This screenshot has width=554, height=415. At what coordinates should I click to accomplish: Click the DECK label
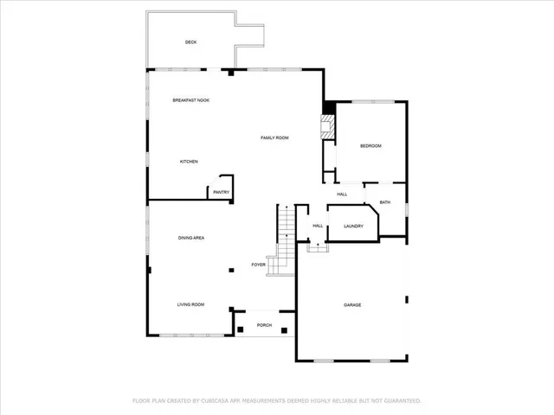tap(190, 42)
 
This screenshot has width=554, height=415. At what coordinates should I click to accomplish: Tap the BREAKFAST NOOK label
tap(190, 100)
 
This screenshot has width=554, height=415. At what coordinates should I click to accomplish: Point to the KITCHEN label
tap(189, 162)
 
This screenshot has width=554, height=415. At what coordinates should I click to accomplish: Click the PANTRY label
tap(221, 192)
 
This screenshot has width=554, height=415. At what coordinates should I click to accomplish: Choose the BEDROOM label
tap(370, 146)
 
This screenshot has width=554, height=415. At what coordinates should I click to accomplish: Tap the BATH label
tap(384, 202)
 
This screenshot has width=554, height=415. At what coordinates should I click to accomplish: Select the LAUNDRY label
tap(352, 227)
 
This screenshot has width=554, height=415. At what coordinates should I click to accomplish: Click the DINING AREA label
tap(191, 238)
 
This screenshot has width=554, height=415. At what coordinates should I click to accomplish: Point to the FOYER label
tap(258, 264)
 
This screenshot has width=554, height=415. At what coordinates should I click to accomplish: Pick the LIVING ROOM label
tap(190, 304)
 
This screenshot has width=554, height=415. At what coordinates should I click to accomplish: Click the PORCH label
tap(264, 325)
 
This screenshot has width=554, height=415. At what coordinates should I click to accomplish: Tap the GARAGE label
tap(352, 305)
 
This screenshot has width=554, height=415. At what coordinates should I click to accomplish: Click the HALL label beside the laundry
tap(318, 227)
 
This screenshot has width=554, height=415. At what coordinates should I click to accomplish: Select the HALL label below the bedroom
tap(342, 195)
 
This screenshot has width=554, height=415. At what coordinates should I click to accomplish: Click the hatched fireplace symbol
tap(326, 127)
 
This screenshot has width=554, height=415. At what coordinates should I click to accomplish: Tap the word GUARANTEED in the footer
tap(401, 400)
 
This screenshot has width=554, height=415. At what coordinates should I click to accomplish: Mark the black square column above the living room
tap(231, 271)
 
